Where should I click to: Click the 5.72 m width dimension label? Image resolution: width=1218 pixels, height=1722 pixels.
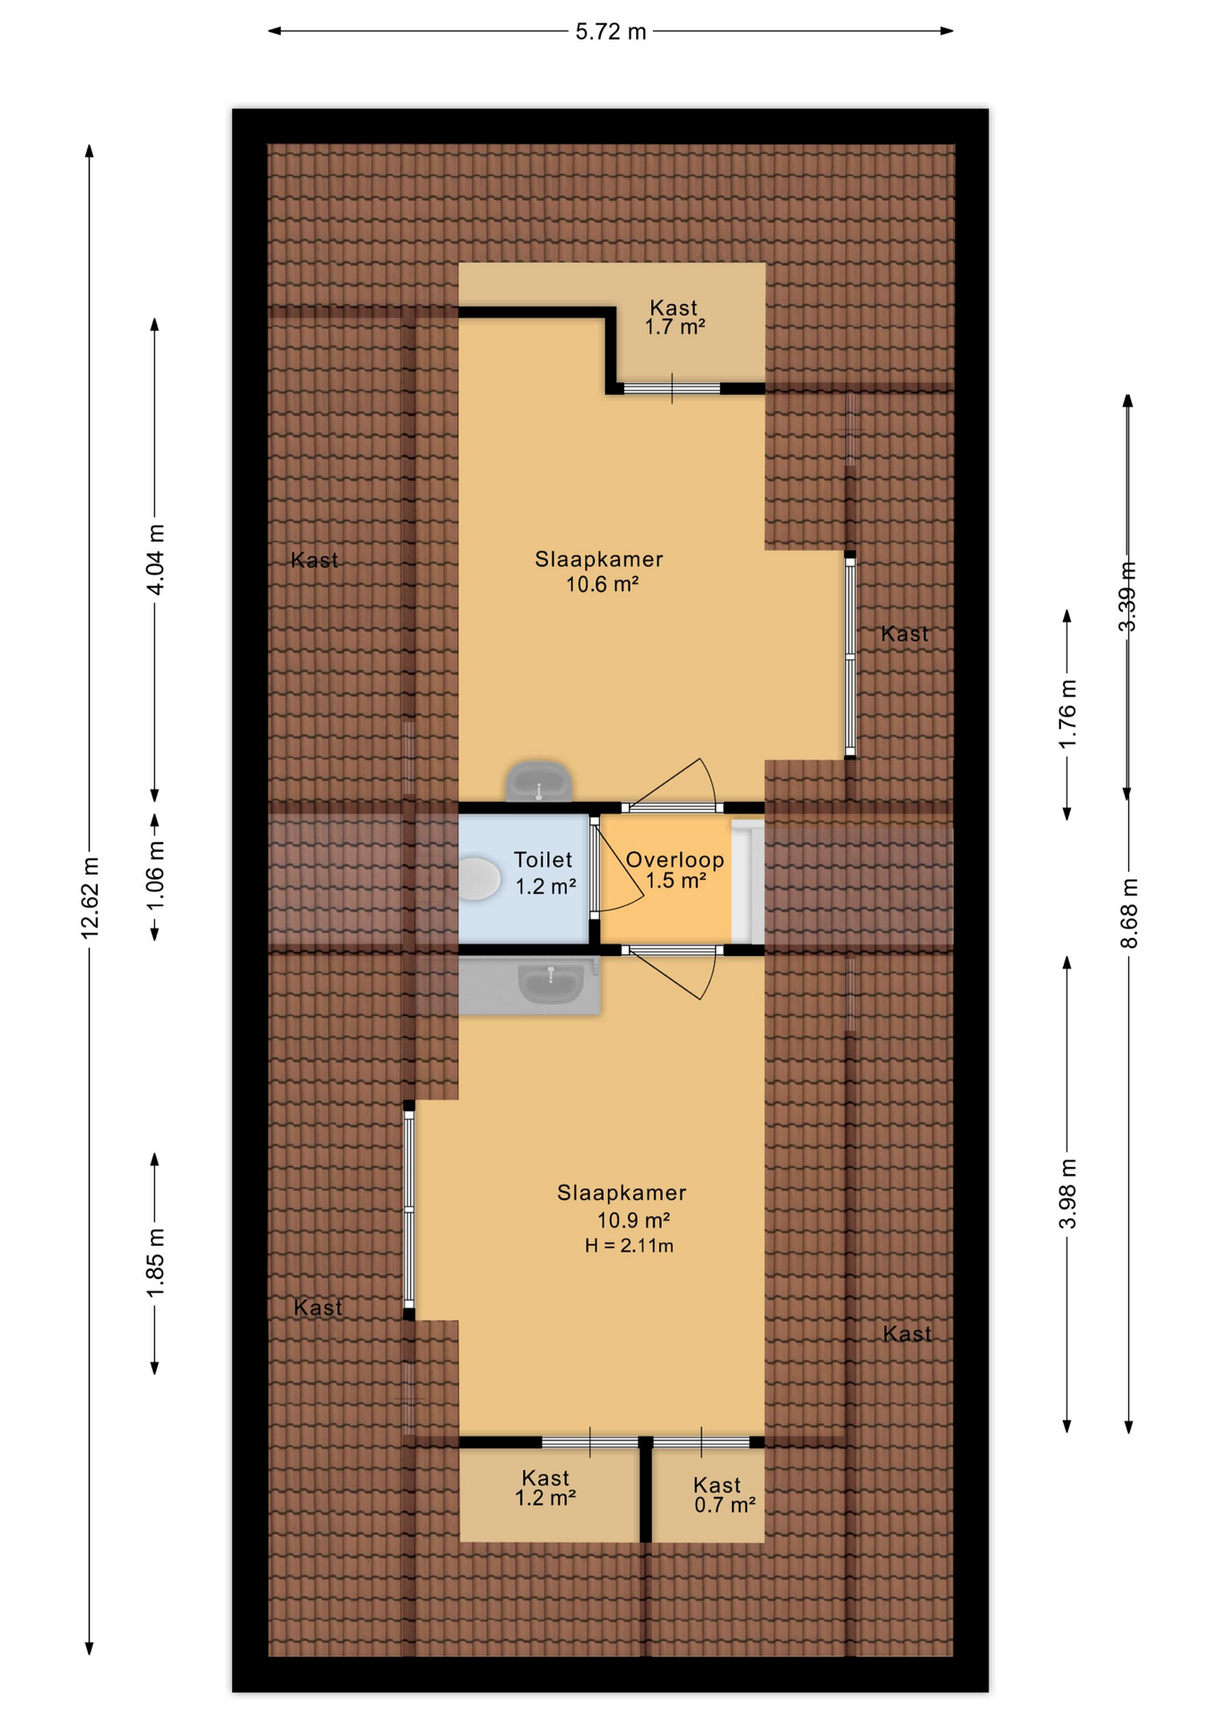point(611,31)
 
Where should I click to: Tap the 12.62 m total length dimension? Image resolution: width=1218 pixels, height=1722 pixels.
point(90,898)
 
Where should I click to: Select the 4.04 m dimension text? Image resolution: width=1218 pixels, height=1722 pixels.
point(155,560)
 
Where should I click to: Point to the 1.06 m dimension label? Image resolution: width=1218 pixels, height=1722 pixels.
point(155,875)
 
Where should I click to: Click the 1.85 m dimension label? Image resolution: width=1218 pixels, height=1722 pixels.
point(155,1263)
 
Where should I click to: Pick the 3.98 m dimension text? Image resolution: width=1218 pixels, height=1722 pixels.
point(1067,1194)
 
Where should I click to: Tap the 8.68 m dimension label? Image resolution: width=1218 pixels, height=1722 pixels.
point(1129,913)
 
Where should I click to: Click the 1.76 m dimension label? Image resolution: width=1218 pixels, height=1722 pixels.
point(1067,714)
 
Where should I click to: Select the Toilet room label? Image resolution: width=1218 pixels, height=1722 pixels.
point(543,860)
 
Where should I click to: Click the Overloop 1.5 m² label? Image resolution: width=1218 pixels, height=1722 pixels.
point(675,870)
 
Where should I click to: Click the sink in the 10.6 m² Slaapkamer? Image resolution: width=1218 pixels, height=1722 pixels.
point(539,782)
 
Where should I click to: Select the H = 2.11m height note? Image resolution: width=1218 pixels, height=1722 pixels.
point(630,1246)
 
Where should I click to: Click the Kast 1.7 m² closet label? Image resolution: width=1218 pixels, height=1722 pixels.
point(674,317)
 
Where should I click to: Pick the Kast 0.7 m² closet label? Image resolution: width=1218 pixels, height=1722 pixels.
point(725,1495)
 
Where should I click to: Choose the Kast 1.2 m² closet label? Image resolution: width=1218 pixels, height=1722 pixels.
point(545,1488)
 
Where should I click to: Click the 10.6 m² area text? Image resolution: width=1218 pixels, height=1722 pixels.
point(602,585)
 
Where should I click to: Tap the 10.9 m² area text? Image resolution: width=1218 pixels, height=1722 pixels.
point(634,1221)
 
